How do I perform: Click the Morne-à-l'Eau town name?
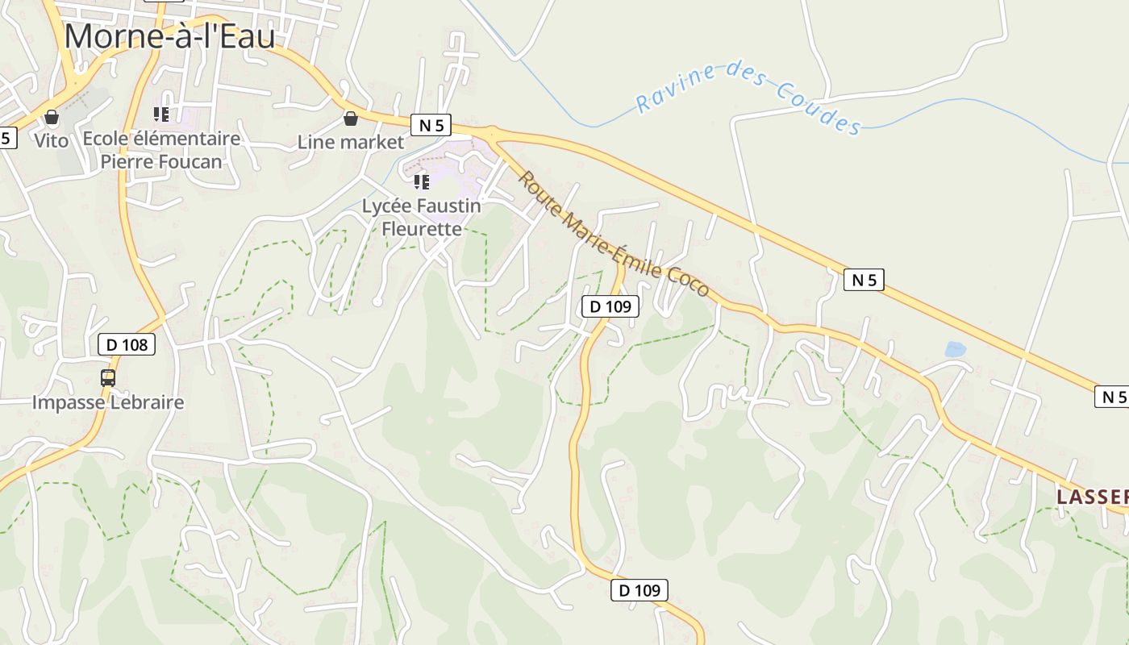click(169, 37)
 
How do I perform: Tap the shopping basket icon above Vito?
click(52, 118)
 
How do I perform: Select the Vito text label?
click(52, 140)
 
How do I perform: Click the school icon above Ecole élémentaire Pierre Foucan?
click(161, 114)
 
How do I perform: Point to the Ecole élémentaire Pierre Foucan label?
click(161, 150)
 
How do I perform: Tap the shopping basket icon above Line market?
click(350, 119)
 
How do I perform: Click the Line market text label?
click(350, 143)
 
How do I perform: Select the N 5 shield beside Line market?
click(431, 125)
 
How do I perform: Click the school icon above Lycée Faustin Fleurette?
click(421, 182)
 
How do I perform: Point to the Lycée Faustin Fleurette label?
click(421, 217)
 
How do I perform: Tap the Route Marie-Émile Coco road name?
click(613, 234)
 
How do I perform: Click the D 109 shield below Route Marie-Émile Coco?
click(610, 306)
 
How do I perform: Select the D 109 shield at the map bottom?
click(639, 590)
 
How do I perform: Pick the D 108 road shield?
click(127, 345)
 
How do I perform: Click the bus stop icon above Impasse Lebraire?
click(108, 377)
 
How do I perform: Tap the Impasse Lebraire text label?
click(108, 402)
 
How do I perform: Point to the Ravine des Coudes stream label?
click(748, 97)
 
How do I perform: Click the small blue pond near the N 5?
click(955, 349)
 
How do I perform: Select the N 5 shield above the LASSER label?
click(1112, 397)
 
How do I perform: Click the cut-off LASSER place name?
click(1093, 497)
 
